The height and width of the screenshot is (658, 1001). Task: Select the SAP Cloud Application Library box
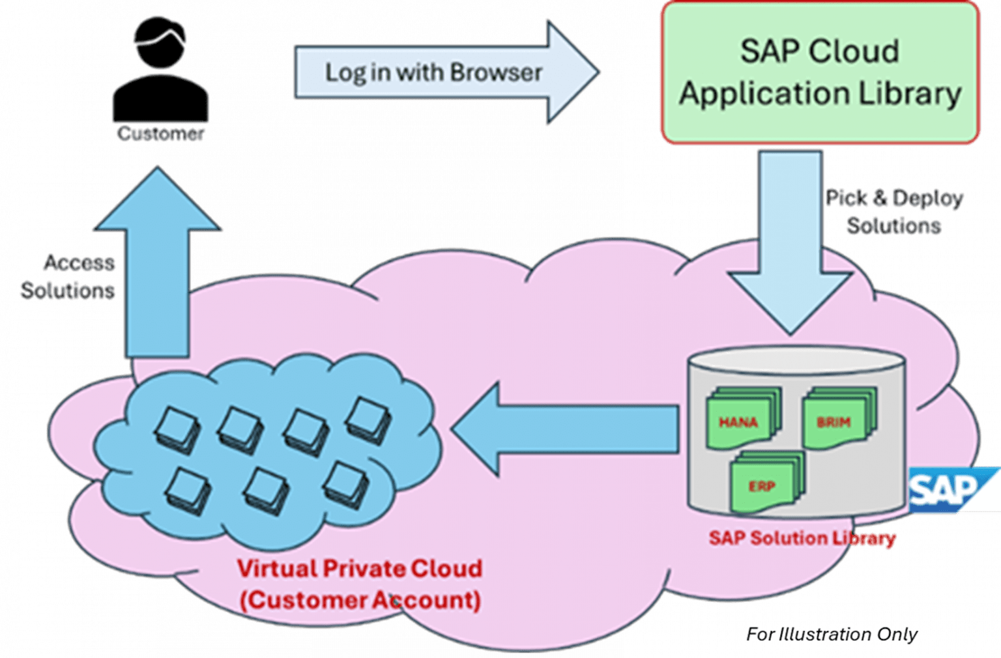coord(820,72)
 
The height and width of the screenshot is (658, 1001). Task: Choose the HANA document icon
coord(742,420)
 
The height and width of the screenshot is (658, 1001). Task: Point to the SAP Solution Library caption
coord(802,538)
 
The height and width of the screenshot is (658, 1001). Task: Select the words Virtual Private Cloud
coord(359,568)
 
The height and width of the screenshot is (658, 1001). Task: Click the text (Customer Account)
coord(360,599)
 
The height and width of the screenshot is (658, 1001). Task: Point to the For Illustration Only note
coord(832,634)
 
